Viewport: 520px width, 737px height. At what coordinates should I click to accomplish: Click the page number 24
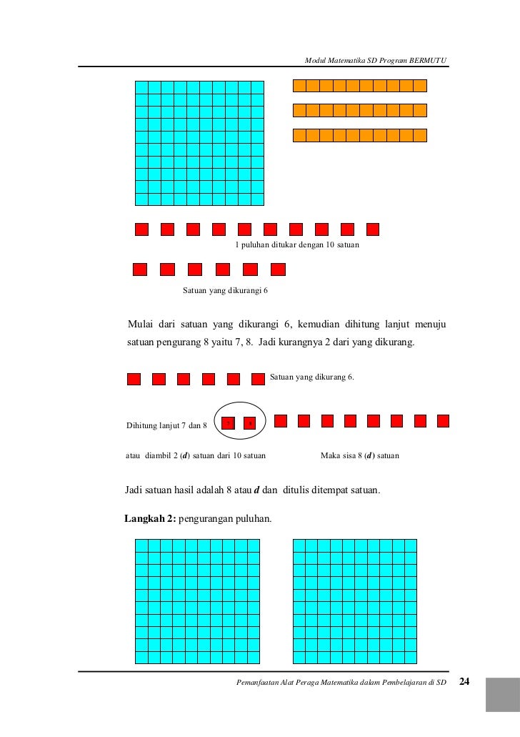point(464,681)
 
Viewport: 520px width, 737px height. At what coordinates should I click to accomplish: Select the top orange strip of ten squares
point(360,86)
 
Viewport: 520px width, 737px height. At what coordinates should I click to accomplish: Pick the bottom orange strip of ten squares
point(360,135)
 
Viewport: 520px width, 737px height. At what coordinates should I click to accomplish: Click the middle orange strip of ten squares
point(360,110)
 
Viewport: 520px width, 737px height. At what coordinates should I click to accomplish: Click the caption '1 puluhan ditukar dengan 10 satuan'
point(297,244)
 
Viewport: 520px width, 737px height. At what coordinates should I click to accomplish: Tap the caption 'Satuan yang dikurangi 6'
point(225,291)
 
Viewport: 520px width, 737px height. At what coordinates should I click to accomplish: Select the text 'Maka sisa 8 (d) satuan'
point(360,455)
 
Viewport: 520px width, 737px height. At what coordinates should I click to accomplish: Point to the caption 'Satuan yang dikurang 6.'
point(311,377)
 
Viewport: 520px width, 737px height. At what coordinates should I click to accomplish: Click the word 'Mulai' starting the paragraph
point(140,327)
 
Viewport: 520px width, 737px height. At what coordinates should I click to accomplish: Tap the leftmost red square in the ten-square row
point(141,229)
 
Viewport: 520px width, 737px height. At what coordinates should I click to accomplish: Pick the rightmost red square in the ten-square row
point(372,229)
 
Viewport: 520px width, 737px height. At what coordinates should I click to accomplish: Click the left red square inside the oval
point(228,423)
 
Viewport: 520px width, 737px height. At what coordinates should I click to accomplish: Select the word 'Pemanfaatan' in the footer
point(261,683)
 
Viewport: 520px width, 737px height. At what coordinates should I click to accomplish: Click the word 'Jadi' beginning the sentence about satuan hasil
point(134,490)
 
